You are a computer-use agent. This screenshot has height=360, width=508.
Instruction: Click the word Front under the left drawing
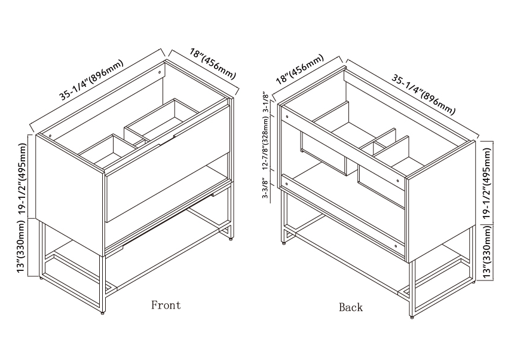166,305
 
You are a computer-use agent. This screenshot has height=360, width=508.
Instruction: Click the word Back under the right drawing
351,307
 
